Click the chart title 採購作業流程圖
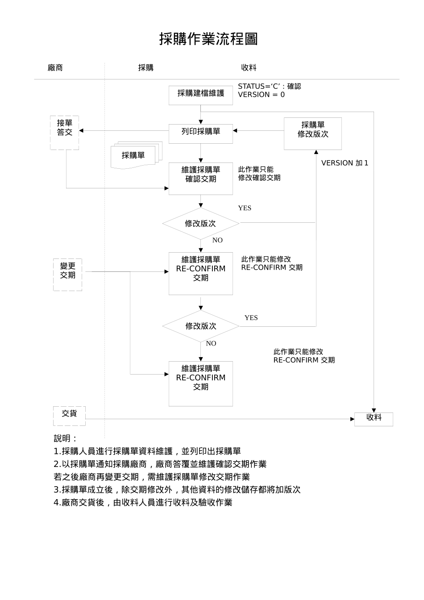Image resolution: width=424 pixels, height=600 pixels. pos(208,39)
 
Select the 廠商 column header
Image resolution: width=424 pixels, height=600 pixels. pos(55,68)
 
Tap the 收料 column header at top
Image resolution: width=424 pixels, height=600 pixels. pos(249,68)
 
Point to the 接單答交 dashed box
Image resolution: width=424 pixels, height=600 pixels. pos(65,133)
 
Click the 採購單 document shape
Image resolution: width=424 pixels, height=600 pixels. pos(133,156)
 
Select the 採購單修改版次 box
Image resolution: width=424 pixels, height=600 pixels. pos(313,133)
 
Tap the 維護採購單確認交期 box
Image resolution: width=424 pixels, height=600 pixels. pos(201,178)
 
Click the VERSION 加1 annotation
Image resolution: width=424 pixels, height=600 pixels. pos(345,163)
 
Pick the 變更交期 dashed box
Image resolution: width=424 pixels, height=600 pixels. pos(68,274)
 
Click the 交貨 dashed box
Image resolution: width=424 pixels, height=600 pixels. pos(69,415)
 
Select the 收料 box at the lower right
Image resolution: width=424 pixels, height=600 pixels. pos(374,419)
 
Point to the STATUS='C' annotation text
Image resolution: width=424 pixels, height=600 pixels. pos(269,86)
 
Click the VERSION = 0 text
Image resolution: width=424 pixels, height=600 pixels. pos(261,95)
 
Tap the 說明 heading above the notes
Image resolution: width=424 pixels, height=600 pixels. pos(65,438)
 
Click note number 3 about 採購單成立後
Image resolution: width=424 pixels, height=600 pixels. pos(177,490)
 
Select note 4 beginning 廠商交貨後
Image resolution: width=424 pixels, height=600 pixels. pos(143,503)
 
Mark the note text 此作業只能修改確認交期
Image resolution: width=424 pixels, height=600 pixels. pos(259,174)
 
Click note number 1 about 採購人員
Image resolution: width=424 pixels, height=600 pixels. pos(147,451)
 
